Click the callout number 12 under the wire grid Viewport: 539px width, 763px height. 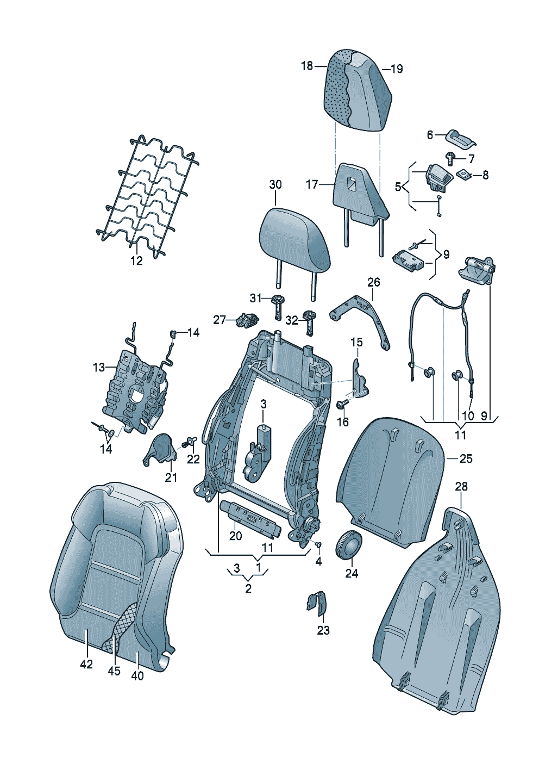click(x=136, y=260)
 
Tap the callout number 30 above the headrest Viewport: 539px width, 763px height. click(x=275, y=184)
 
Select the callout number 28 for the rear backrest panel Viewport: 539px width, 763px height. click(x=461, y=486)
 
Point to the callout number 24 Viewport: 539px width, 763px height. click(x=352, y=573)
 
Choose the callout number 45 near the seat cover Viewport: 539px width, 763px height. click(x=114, y=671)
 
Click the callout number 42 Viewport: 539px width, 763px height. click(x=86, y=664)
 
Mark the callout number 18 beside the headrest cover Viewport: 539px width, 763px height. click(x=307, y=66)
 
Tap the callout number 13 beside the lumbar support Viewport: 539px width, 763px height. click(x=98, y=367)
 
